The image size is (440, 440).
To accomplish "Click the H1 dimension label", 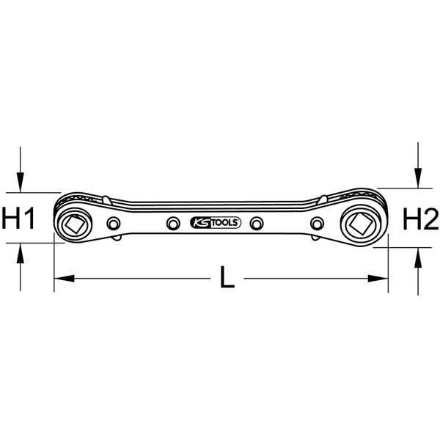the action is coord(18,218).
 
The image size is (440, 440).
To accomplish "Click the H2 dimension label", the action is coord(421,219).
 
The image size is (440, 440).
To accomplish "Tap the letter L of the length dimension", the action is coord(227,277).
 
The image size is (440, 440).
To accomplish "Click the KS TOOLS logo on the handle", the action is coord(215,222).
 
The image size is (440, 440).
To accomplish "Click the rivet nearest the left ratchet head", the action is coord(114,224).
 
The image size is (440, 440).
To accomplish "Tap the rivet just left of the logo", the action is coord(173,224).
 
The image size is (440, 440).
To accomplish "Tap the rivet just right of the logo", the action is coord(257,224).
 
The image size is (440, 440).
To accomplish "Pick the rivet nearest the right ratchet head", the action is coord(317,224).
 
